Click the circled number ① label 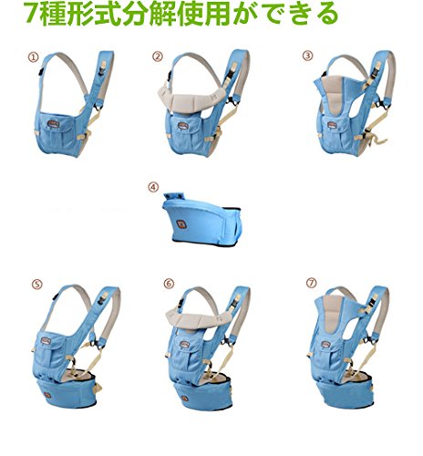click(x=34, y=57)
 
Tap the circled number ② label click(x=158, y=57)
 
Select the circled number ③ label click(x=307, y=56)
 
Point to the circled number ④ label click(x=153, y=187)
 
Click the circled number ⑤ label click(x=36, y=285)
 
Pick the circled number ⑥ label click(x=169, y=284)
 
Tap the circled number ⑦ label click(x=312, y=283)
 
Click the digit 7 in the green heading click(x=31, y=14)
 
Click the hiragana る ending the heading click(x=326, y=14)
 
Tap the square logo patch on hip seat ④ click(x=181, y=225)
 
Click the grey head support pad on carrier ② click(x=191, y=98)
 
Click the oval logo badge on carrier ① click(x=53, y=123)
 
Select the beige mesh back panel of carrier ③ click(x=334, y=94)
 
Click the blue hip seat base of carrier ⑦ click(x=346, y=393)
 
